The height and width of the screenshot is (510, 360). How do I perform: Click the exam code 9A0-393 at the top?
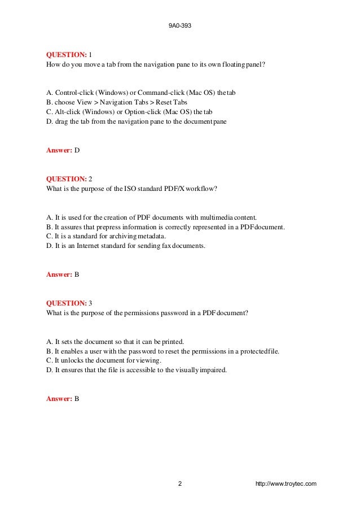(x=180, y=25)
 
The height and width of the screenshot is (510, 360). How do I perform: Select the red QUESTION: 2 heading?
(x=68, y=180)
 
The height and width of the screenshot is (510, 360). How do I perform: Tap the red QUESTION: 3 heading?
(x=68, y=304)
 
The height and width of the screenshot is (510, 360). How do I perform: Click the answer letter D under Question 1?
(x=77, y=151)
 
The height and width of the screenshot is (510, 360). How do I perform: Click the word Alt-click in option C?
(x=66, y=112)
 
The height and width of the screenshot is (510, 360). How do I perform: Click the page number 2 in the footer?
(x=179, y=484)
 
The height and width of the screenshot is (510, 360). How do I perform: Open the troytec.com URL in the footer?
(x=286, y=484)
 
